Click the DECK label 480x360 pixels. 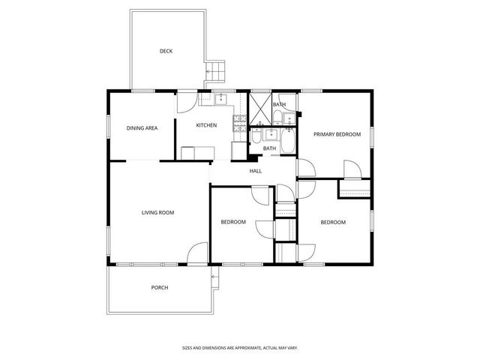[166, 51]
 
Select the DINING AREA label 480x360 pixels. [141, 128]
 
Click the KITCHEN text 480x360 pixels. [206, 125]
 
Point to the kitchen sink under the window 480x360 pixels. [221, 98]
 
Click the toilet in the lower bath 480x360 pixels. [256, 136]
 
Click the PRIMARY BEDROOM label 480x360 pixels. [337, 134]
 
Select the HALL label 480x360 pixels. [256, 171]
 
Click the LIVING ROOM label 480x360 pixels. [157, 212]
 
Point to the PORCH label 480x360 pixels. [159, 287]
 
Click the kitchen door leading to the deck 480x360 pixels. [186, 102]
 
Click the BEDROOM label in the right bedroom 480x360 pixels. [333, 222]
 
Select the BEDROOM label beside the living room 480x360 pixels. [233, 222]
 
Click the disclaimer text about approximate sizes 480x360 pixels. [240, 347]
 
